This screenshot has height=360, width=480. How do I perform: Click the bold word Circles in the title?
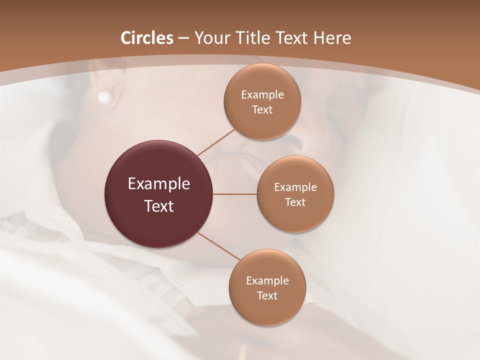[x=147, y=38]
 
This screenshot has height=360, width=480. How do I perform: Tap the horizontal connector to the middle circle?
[x=235, y=194]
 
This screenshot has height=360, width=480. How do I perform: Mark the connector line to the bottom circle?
[x=219, y=246]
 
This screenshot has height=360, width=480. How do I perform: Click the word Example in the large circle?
[x=159, y=184]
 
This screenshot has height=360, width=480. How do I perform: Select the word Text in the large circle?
[x=159, y=206]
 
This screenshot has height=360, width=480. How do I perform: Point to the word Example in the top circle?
[x=262, y=94]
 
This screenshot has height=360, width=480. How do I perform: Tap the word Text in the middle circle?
[x=295, y=202]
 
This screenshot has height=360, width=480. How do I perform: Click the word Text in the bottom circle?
[x=267, y=296]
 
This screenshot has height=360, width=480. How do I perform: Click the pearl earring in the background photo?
[x=104, y=97]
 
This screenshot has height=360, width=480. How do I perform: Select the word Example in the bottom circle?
[x=267, y=281]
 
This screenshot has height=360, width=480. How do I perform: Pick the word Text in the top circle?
[x=262, y=110]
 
